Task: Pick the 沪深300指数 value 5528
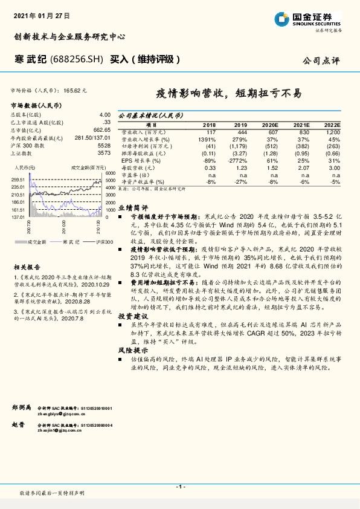[x=104, y=146]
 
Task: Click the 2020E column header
[x=269, y=124]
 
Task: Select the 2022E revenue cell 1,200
[x=332, y=131]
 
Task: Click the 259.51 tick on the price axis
[x=18, y=180]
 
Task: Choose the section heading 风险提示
[x=133, y=349]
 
